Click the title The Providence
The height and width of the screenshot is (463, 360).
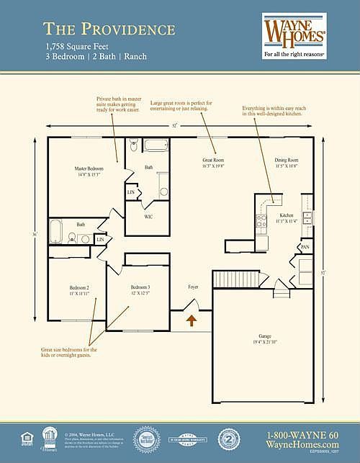coord(109,29)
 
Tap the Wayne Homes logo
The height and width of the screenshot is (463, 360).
coord(294,32)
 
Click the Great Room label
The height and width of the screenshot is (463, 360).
coord(214,162)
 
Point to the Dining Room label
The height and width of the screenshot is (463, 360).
coord(286,162)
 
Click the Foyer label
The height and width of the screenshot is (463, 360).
coord(193,287)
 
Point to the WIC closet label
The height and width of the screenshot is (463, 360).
coord(148,217)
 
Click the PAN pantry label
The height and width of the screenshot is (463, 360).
coord(305,247)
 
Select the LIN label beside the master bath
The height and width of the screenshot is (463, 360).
coord(132,192)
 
